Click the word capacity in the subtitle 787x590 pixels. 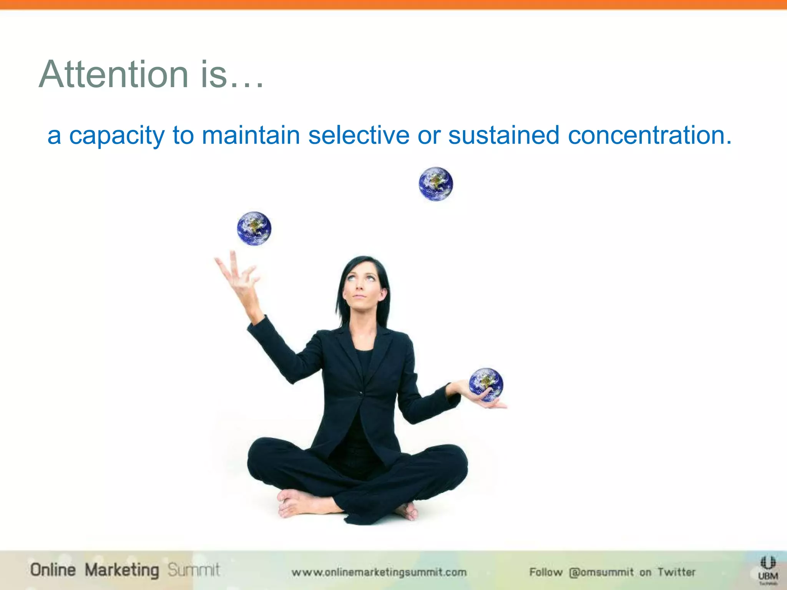(x=116, y=136)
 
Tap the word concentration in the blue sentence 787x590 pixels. (x=649, y=136)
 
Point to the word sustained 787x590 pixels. (x=503, y=136)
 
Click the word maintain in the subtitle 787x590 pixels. (x=251, y=136)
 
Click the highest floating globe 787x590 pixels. (x=435, y=184)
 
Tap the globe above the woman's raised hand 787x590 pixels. (x=254, y=229)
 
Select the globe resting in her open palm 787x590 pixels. (x=486, y=384)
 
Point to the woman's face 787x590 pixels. (x=360, y=286)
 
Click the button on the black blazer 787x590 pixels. (x=360, y=393)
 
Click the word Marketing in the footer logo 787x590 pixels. (x=121, y=570)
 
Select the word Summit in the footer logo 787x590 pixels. (x=194, y=570)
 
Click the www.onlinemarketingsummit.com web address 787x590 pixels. (x=379, y=572)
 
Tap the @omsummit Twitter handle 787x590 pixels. (x=601, y=572)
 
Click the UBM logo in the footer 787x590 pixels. (x=767, y=571)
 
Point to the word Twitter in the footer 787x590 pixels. (x=676, y=572)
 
